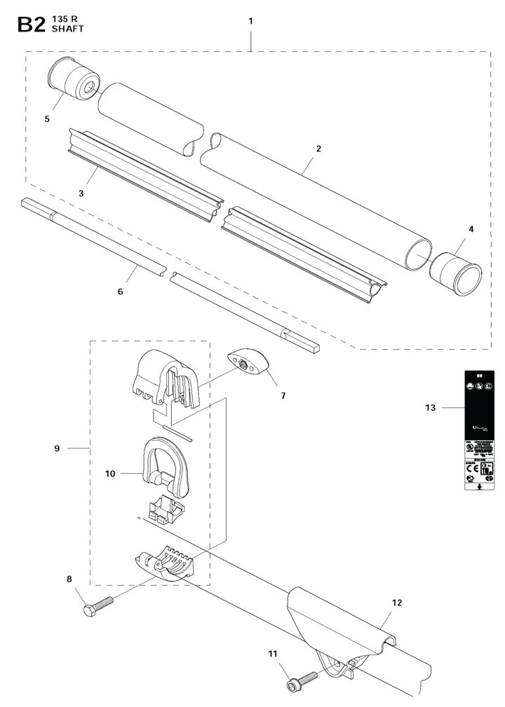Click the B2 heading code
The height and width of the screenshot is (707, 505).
pyautogui.click(x=32, y=25)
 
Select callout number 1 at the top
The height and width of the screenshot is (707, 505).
pyautogui.click(x=250, y=22)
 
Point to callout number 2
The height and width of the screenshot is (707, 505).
pyautogui.click(x=318, y=149)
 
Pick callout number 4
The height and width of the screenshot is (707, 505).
pyautogui.click(x=471, y=229)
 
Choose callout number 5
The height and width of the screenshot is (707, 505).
pyautogui.click(x=47, y=118)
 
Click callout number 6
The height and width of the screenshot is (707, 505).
pyautogui.click(x=120, y=290)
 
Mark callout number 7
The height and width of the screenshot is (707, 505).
pyautogui.click(x=283, y=396)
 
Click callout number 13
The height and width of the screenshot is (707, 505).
pyautogui.click(x=430, y=407)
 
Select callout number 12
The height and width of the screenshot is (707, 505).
pyautogui.click(x=397, y=602)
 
